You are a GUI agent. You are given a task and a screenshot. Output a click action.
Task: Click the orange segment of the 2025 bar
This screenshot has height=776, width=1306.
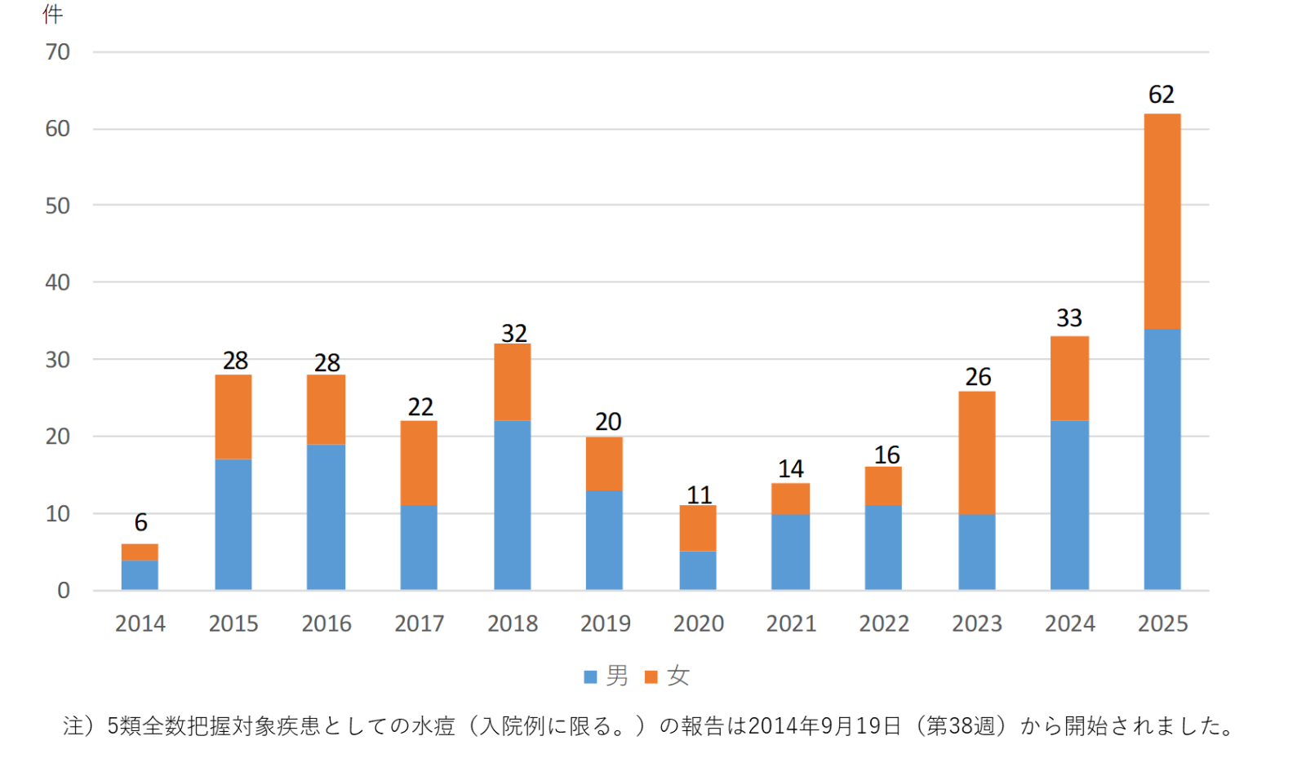tap(1162, 221)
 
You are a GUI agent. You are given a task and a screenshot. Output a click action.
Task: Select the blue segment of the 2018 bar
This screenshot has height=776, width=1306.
tap(512, 505)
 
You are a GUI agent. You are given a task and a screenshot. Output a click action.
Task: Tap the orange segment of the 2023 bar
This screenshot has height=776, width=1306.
tap(976, 453)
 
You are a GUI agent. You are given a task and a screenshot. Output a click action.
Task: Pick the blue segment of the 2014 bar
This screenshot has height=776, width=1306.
tap(140, 575)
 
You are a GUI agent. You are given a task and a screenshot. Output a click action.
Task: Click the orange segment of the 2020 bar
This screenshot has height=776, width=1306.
tap(698, 528)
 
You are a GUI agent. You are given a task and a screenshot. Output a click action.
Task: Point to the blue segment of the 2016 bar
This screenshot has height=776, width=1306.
tap(326, 517)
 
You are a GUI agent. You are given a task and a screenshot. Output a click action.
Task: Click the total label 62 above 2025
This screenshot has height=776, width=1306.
tap(1161, 95)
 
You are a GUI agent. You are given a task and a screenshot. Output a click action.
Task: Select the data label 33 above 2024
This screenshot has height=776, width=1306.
tap(1068, 317)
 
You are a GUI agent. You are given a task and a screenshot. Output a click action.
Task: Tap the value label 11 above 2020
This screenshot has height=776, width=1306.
tap(699, 494)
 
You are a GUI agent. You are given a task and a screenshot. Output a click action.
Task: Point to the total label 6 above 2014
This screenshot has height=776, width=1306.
tap(140, 522)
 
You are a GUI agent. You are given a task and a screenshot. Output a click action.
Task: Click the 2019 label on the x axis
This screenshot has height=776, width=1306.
tap(605, 623)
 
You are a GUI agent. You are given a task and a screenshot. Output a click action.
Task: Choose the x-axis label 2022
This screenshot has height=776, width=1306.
tap(883, 623)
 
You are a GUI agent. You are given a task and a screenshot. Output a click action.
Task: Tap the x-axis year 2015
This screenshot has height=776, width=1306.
tap(233, 623)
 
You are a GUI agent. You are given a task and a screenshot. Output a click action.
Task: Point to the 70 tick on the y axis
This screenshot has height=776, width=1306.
tap(58, 52)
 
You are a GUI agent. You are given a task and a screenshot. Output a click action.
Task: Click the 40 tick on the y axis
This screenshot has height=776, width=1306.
tap(58, 282)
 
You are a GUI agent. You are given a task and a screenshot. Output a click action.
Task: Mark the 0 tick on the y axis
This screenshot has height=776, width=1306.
tap(64, 590)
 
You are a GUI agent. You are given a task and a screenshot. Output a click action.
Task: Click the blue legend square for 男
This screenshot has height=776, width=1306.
tap(590, 676)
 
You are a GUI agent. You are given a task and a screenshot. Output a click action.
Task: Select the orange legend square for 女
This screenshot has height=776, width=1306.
tap(651, 676)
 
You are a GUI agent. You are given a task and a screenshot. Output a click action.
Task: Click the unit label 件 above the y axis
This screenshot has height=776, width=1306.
tap(53, 14)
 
